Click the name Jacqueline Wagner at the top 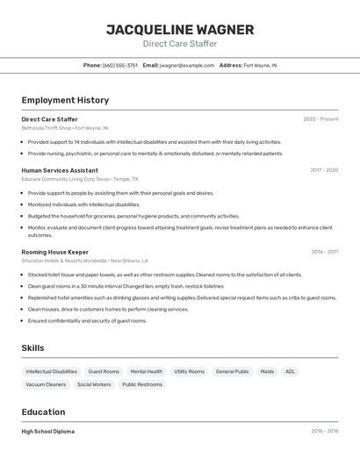click(180, 29)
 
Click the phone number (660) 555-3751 click(120, 65)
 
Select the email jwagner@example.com click(186, 65)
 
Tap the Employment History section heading click(65, 100)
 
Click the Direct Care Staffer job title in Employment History click(49, 118)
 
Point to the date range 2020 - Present click(320, 118)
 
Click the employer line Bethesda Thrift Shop click(61, 127)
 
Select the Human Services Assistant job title click(60, 170)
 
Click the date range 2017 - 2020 click(324, 170)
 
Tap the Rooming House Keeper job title click(54, 252)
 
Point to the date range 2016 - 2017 click(324, 252)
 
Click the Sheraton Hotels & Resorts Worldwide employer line click(84, 261)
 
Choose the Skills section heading click(32, 348)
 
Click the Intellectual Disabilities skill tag click(51, 371)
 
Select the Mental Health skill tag click(147, 371)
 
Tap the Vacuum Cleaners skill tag click(46, 384)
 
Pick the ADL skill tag click(291, 371)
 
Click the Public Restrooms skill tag click(142, 384)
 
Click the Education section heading click(43, 412)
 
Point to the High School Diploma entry click(47, 432)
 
